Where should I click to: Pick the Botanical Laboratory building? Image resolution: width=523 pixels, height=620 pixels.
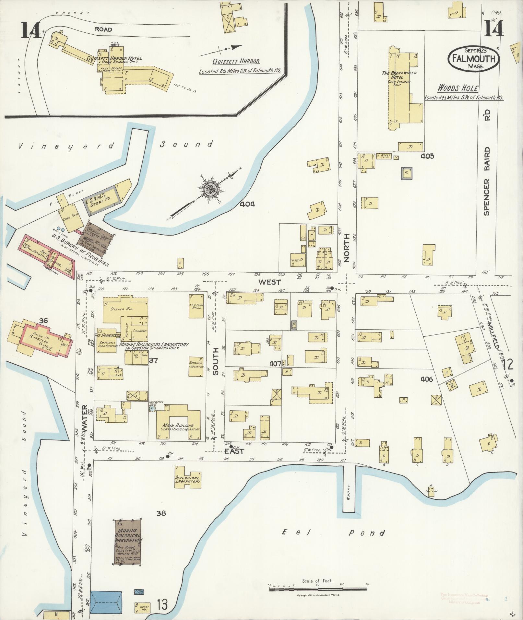coord(196,366)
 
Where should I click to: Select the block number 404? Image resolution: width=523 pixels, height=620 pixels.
coord(248,204)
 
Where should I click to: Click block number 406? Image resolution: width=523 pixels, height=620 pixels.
coord(426,379)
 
